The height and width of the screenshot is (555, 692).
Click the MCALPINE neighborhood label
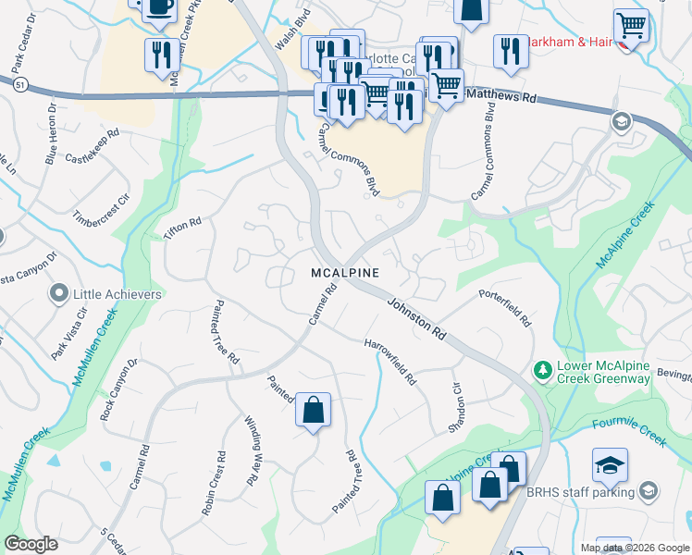(x=345, y=273)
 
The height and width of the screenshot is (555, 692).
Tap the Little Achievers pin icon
(x=59, y=294)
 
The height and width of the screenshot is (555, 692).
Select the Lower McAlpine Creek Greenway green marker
(x=544, y=371)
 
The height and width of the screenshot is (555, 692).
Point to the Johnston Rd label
(x=417, y=316)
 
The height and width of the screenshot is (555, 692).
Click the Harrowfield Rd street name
(x=390, y=361)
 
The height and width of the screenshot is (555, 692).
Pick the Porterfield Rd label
(x=505, y=308)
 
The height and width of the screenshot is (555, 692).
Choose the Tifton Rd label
(x=182, y=228)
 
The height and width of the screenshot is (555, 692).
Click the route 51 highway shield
(x=19, y=84)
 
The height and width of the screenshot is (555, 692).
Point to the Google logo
(x=31, y=544)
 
